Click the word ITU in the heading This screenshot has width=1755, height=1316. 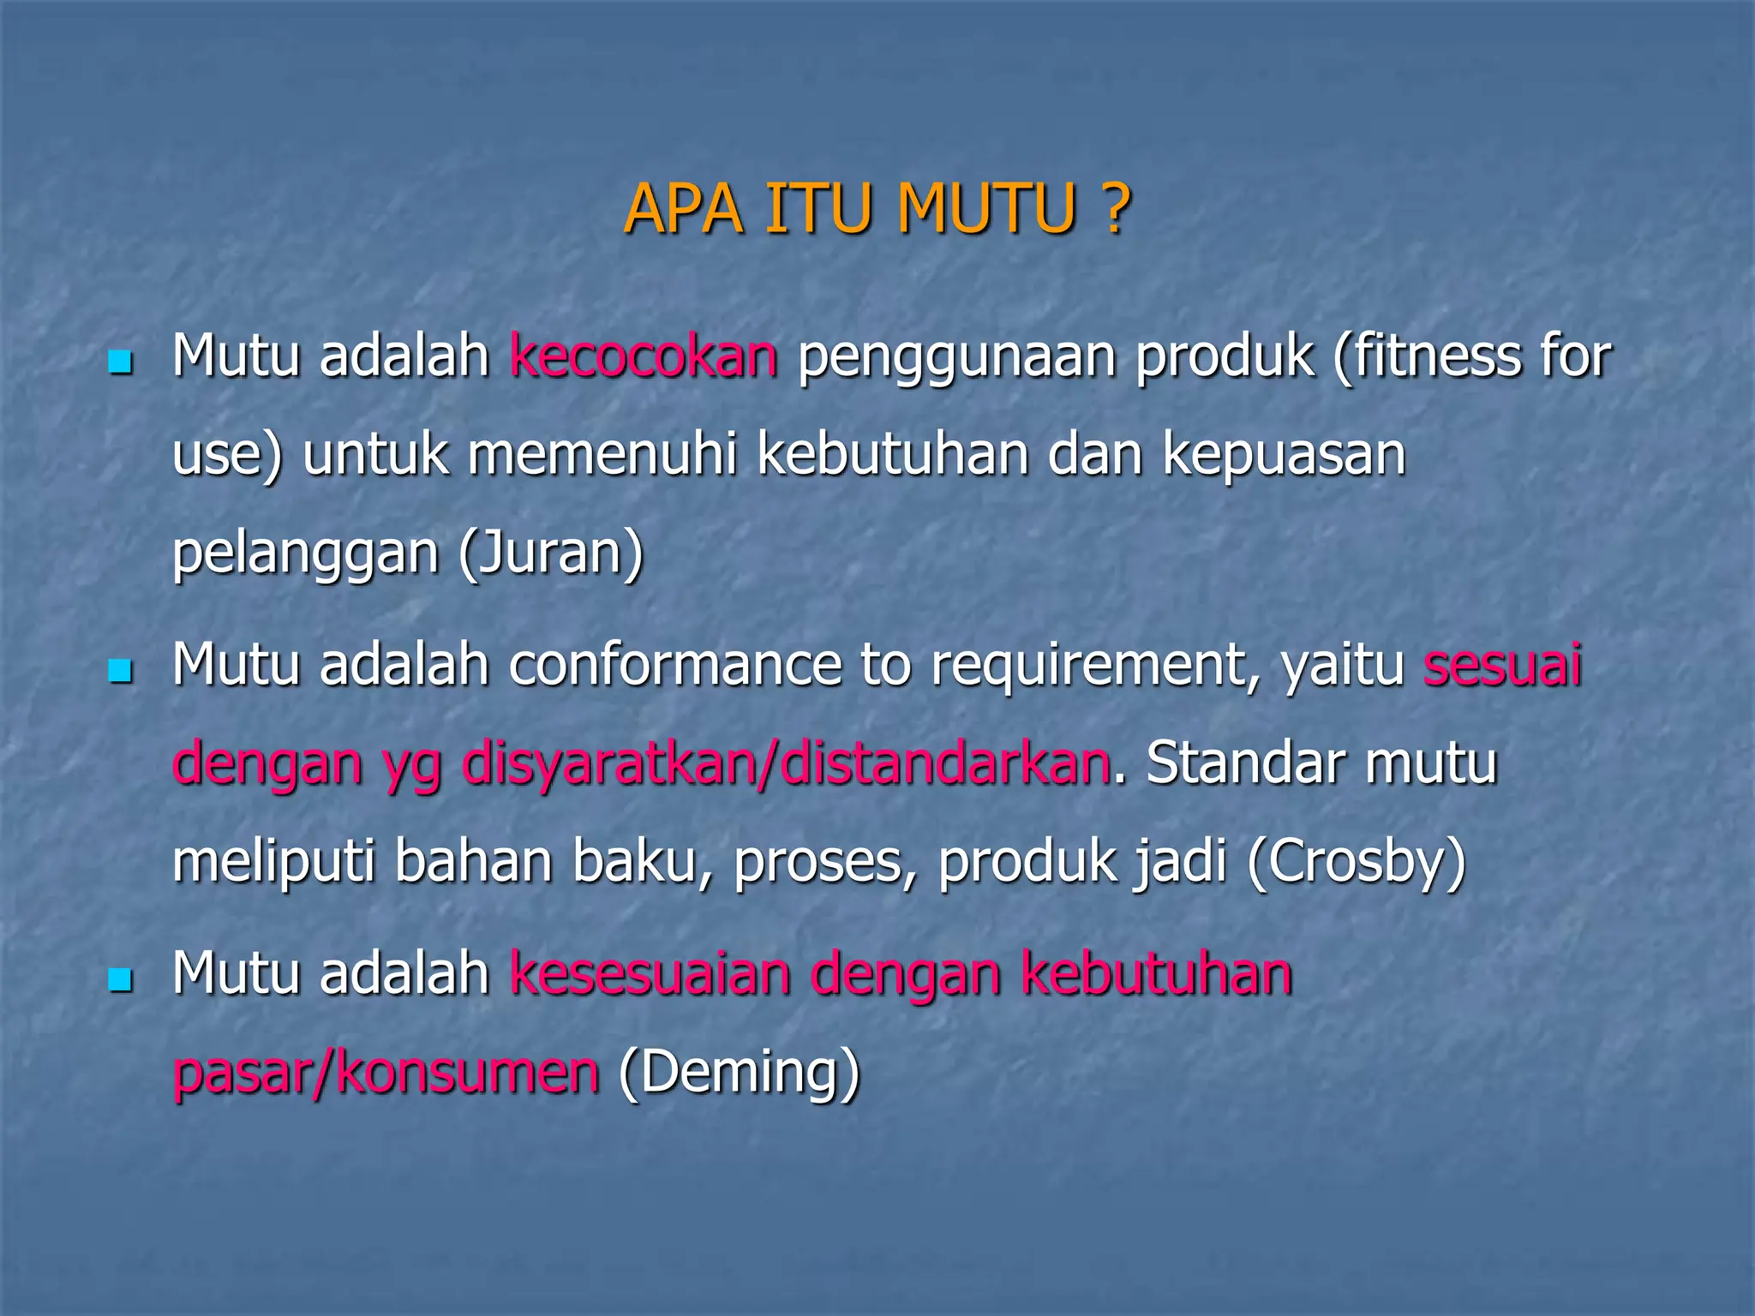819,209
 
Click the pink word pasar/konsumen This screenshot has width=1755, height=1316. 386,1072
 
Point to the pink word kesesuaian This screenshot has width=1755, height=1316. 650,974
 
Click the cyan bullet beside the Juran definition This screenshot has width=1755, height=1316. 121,362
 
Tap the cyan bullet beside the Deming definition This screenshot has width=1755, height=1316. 121,980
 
